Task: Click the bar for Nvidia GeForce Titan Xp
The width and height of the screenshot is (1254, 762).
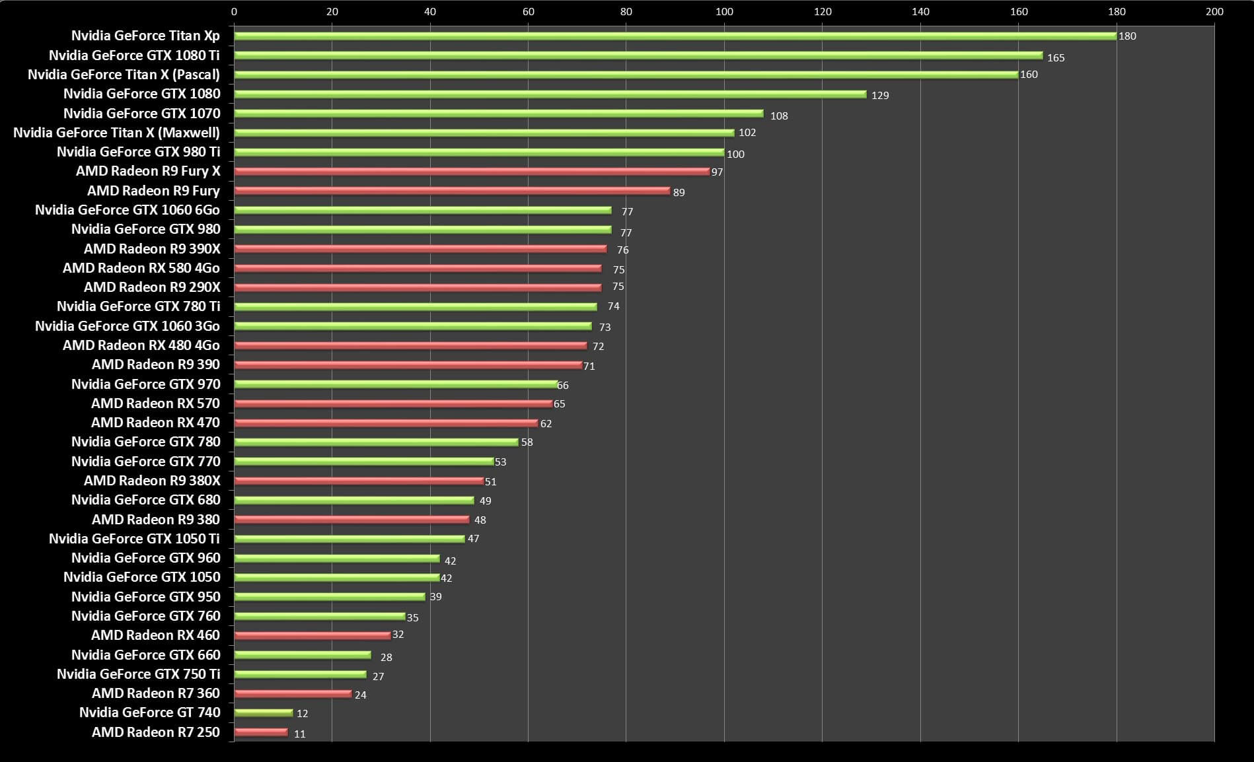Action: pos(674,36)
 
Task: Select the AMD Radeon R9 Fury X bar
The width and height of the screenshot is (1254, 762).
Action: pos(472,172)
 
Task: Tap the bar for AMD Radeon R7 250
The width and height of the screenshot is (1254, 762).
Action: pos(261,732)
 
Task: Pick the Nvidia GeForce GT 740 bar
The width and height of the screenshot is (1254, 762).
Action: pos(263,712)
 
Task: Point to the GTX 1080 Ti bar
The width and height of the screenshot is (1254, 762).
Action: pos(638,55)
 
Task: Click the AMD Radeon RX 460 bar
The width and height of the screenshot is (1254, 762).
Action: pos(313,635)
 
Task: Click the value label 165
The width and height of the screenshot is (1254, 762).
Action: pos(1056,58)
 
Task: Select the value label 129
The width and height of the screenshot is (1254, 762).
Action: pos(880,96)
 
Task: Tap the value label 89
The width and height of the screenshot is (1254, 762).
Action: pos(679,193)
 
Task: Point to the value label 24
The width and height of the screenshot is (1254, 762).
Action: pos(360,695)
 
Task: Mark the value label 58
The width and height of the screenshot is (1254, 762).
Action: pos(527,442)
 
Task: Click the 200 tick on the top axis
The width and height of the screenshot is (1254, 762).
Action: pos(1214,11)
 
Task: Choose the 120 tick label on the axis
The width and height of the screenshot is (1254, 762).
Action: pos(823,11)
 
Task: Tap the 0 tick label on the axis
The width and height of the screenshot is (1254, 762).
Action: pos(234,11)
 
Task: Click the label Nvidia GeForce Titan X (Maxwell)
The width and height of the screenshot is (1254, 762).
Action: pos(116,133)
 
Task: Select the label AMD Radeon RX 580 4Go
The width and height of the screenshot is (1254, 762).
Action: pos(141,268)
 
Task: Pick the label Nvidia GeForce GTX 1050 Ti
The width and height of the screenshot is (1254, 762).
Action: pos(134,539)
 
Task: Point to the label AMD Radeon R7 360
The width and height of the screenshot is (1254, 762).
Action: pos(156,693)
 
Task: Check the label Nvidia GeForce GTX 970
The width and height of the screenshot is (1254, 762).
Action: pos(146,384)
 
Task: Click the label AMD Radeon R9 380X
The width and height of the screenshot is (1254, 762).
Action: pos(152,481)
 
